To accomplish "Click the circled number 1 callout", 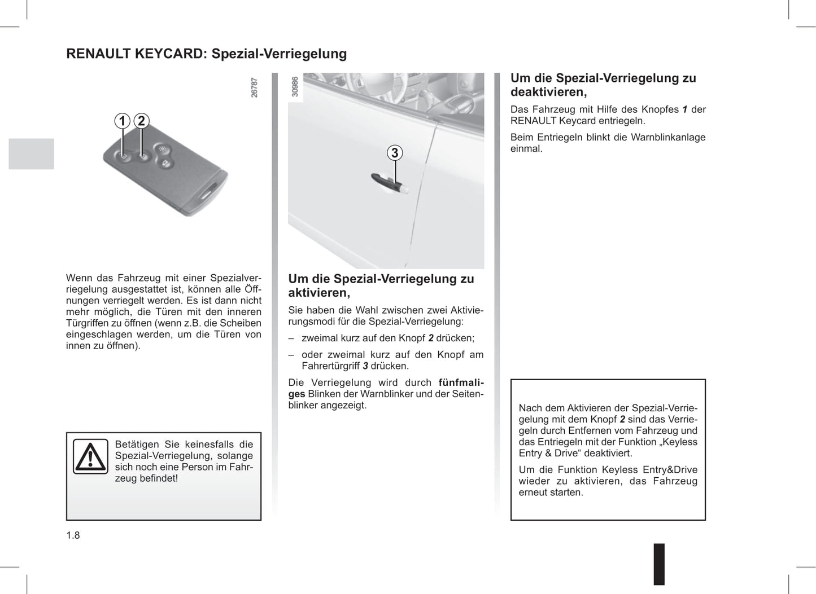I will click(122, 121).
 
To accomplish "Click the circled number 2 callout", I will click(141, 121).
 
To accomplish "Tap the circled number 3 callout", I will click(395, 153).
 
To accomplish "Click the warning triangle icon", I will click(90, 456).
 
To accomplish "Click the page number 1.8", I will click(73, 535).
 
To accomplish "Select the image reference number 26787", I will click(255, 88).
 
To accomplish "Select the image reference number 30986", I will click(295, 87).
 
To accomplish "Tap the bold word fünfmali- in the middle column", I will click(461, 382).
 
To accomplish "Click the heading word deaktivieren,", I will click(548, 93).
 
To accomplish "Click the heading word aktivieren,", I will click(319, 293).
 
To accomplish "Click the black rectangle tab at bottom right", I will click(659, 564).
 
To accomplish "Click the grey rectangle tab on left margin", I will click(32, 154).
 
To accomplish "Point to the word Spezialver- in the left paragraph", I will click(235, 278).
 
